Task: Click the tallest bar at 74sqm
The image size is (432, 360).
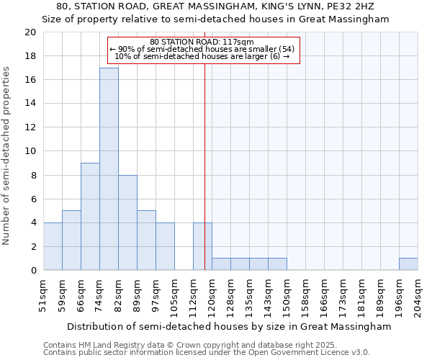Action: pyautogui.click(x=109, y=169)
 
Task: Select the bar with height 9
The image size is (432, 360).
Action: pyautogui.click(x=90, y=217)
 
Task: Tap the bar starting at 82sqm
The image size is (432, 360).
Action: pyautogui.click(x=127, y=222)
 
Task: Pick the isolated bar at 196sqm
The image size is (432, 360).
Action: pyautogui.click(x=408, y=264)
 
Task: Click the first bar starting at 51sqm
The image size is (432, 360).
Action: pyautogui.click(x=53, y=246)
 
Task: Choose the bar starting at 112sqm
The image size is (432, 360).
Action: pyautogui.click(x=202, y=246)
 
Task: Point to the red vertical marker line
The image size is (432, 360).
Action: pyautogui.click(x=204, y=166)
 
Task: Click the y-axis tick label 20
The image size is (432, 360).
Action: pyautogui.click(x=30, y=32)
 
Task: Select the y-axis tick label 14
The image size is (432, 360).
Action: pyautogui.click(x=30, y=104)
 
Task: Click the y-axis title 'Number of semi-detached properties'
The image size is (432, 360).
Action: pyautogui.click(x=7, y=156)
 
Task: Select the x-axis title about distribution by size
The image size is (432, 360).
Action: pyautogui.click(x=222, y=326)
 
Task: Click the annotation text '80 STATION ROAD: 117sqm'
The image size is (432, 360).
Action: pyautogui.click(x=202, y=42)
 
